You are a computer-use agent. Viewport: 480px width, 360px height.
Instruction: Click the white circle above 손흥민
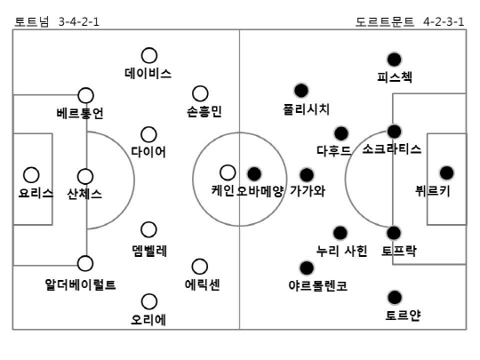point(200,93)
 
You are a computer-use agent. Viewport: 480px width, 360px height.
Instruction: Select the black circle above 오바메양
point(254,174)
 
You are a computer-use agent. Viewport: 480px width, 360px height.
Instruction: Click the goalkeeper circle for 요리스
point(31,175)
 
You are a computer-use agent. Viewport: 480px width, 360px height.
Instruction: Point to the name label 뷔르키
point(433,191)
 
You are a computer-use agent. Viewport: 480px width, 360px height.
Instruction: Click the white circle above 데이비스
point(149,56)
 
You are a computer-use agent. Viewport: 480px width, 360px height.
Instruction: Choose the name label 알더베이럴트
point(80,284)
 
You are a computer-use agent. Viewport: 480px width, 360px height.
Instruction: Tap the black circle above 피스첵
point(394,60)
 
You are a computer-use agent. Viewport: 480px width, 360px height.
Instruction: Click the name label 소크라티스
point(392,149)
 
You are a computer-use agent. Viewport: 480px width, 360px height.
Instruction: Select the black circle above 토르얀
point(395,297)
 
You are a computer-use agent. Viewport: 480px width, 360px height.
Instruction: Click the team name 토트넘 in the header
point(31,21)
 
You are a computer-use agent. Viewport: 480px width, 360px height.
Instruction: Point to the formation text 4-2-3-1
point(444,21)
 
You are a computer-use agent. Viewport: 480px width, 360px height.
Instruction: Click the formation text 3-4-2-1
point(79,21)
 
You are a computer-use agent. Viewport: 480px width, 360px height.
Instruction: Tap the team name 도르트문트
point(385,21)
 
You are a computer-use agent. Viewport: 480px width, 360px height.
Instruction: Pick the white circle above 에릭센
point(200,267)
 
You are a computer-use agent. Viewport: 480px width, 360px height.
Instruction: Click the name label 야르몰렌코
point(317,285)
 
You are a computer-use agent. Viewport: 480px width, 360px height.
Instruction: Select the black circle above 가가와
point(307,175)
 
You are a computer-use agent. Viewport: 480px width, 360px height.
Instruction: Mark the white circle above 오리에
point(149,301)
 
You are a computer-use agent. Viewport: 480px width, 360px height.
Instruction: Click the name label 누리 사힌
point(341,251)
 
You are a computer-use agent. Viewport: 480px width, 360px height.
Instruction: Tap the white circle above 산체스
point(85,177)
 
